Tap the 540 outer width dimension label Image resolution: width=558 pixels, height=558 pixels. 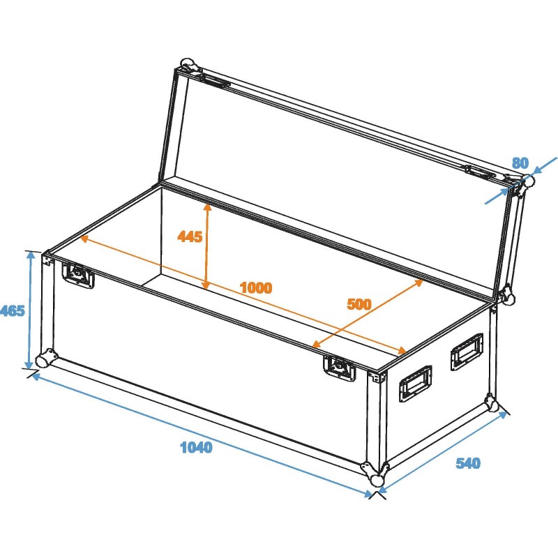(467, 463)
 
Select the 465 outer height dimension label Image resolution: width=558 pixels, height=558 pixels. (12, 310)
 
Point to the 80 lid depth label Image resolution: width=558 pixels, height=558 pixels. (520, 163)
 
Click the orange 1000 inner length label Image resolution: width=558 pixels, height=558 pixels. (255, 287)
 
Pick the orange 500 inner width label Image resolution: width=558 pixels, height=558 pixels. (359, 304)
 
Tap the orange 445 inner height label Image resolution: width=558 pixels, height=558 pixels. (190, 236)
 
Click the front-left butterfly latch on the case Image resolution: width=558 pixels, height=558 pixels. (79, 275)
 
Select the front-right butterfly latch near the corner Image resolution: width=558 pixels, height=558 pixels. (340, 368)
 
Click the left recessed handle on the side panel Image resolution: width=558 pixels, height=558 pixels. (414, 384)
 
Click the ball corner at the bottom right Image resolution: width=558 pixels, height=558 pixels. (492, 404)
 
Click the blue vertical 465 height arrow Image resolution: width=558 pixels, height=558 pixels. (30, 310)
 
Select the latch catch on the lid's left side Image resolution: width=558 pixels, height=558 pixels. (216, 82)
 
